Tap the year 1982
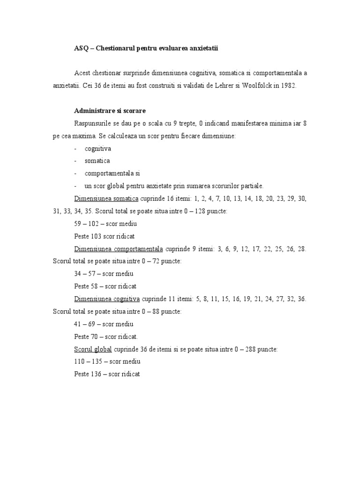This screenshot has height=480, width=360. (x=287, y=86)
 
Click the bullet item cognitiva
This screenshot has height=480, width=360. (x=98, y=149)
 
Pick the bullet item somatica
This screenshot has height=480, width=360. (x=97, y=161)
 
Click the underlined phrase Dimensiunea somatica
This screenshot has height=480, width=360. (x=106, y=198)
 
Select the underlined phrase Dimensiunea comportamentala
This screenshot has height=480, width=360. (x=119, y=248)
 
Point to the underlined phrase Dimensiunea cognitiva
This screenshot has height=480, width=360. (x=107, y=299)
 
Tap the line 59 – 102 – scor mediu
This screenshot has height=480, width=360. (x=105, y=224)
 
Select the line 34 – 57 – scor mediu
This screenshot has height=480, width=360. (x=104, y=274)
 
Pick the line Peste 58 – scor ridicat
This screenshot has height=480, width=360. (x=105, y=286)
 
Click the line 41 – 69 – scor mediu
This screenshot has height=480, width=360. (x=104, y=324)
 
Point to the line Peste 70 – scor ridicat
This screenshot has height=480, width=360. (x=106, y=337)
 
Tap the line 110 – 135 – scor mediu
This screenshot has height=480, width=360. (x=107, y=361)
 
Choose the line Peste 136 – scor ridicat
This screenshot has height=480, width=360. (x=107, y=374)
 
